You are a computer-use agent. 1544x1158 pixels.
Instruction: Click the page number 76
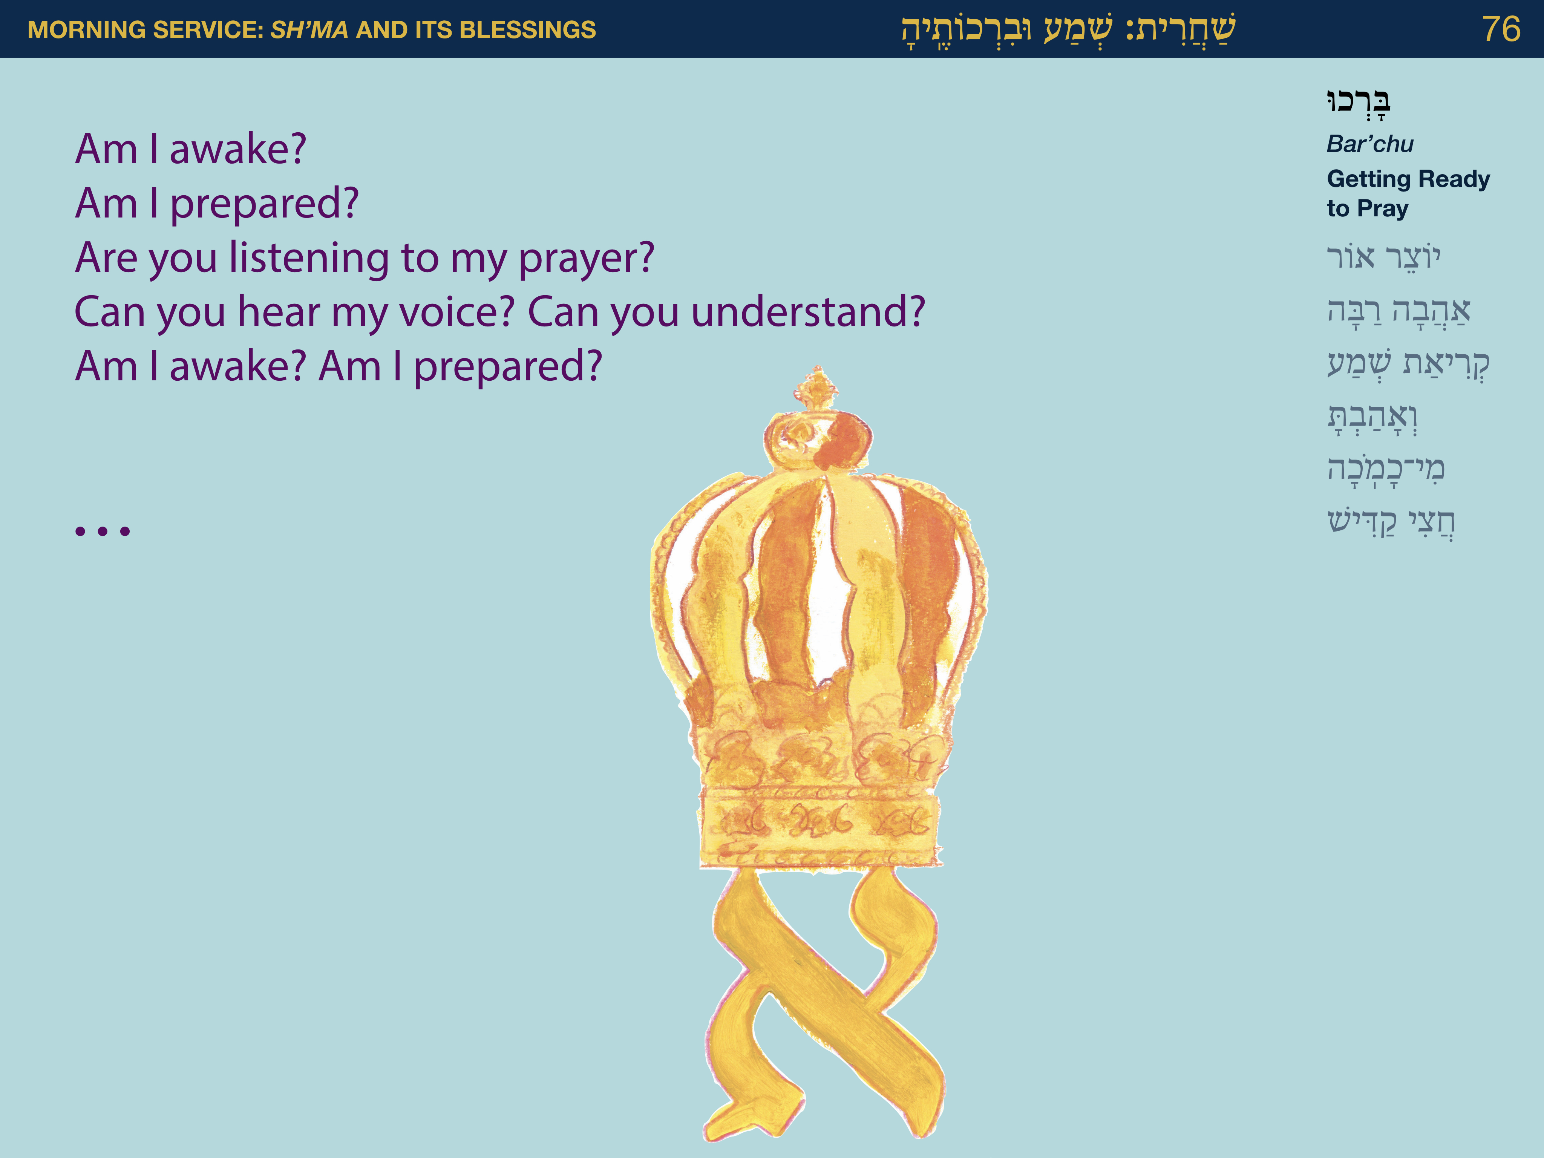click(x=1501, y=29)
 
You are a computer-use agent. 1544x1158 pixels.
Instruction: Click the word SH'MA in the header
click(x=309, y=29)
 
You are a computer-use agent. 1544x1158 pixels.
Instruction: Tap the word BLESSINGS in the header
click(x=528, y=29)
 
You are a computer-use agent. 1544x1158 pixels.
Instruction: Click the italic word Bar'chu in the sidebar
click(x=1369, y=144)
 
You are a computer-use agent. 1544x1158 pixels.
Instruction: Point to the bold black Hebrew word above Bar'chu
click(x=1358, y=103)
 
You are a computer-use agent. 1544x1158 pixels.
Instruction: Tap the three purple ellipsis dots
click(x=103, y=531)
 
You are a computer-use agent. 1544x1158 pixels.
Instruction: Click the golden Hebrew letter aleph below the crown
click(x=824, y=1005)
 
